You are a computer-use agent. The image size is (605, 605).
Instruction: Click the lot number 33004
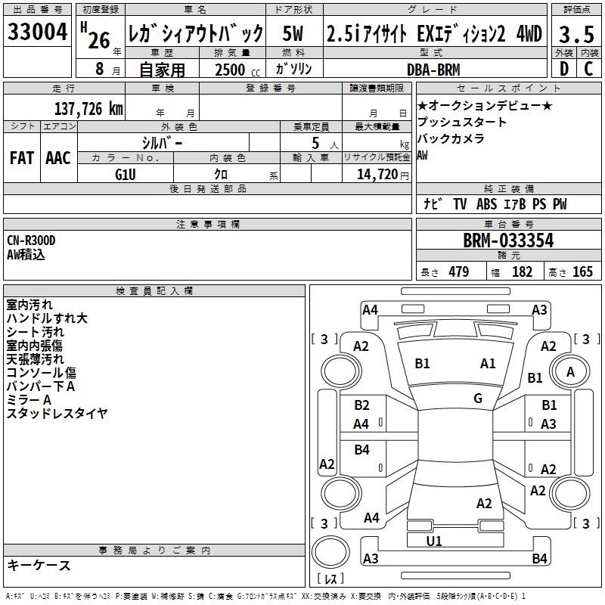[x=38, y=33]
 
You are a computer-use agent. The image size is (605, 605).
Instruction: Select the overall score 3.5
[x=576, y=33]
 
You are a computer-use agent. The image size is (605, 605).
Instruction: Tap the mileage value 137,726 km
[x=88, y=109]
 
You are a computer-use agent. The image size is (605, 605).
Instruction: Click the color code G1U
[x=126, y=174]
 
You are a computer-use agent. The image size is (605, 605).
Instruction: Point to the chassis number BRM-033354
[x=508, y=240]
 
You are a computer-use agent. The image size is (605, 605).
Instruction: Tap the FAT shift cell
[x=22, y=158]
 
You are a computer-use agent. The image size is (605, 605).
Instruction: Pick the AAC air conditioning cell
[x=58, y=158]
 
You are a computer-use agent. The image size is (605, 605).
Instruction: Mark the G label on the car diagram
[x=478, y=399]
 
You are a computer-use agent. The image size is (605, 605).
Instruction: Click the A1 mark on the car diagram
[x=488, y=364]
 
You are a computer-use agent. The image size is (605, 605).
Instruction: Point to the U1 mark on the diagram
[x=434, y=541]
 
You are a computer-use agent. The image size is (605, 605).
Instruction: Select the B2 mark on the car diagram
[x=361, y=406]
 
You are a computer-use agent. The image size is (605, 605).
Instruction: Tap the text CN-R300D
[x=32, y=240]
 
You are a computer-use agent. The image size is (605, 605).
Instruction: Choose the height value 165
[x=582, y=272]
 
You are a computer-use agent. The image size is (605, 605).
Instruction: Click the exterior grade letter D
[x=563, y=70]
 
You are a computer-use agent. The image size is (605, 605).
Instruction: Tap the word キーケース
[x=39, y=565]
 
